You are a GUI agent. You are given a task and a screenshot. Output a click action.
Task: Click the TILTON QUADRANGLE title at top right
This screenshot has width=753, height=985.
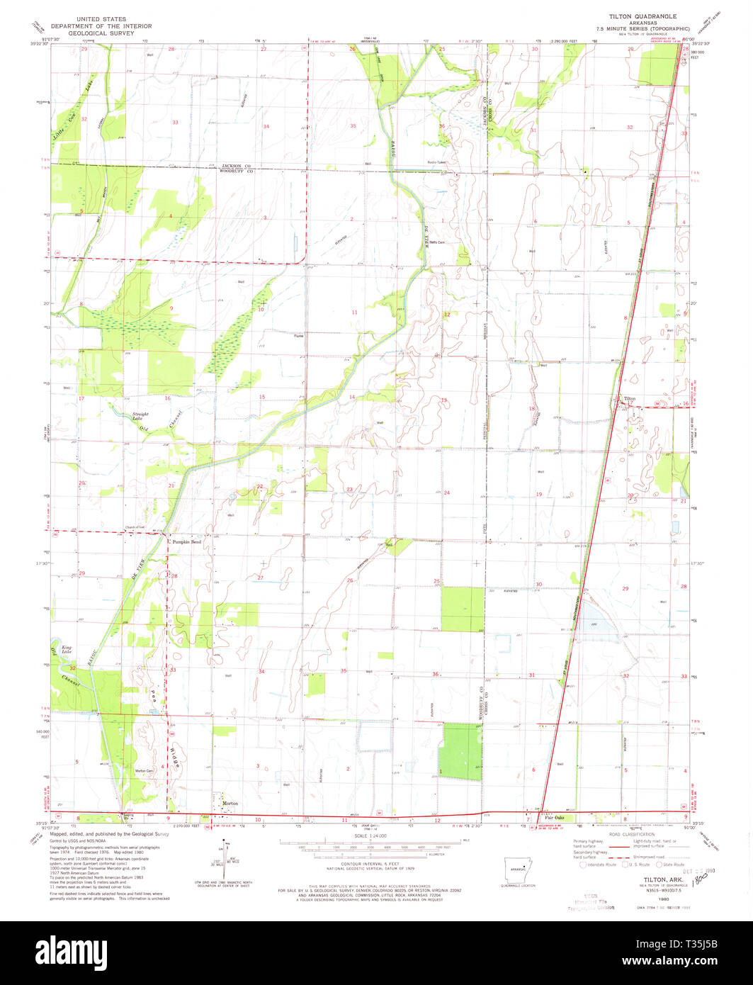[x=642, y=16]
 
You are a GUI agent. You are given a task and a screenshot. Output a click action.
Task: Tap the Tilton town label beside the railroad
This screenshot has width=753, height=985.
[x=630, y=399]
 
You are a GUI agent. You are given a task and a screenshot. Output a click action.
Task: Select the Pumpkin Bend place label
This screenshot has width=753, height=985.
[x=187, y=541]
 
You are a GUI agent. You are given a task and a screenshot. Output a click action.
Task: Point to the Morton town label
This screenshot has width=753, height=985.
[x=230, y=803]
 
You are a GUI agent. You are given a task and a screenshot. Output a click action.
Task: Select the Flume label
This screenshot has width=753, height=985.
[x=299, y=336]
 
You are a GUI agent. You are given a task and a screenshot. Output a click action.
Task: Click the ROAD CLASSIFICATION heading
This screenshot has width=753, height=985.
[x=634, y=835]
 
